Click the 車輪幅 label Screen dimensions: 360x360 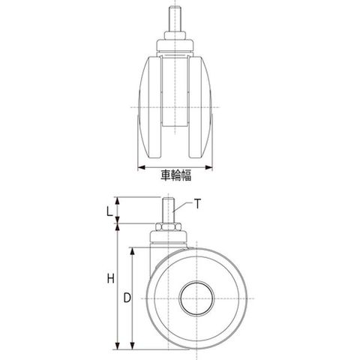click(x=176, y=175)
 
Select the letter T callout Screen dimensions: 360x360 click(x=197, y=204)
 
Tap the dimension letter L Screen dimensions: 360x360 click(x=109, y=211)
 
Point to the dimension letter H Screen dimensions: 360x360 click(x=111, y=278)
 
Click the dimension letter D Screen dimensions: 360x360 click(x=127, y=298)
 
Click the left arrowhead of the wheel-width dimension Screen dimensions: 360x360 click(x=142, y=167)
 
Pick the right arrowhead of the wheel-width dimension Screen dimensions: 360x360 click(x=208, y=167)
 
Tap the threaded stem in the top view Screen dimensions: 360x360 click(x=175, y=19)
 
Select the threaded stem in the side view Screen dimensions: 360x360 click(x=168, y=210)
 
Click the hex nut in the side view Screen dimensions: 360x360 click(x=168, y=226)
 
